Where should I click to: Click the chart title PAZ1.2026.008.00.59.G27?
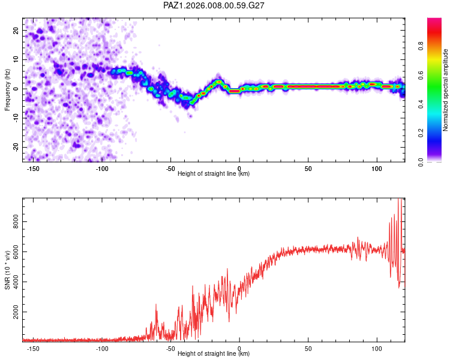pos(214,5)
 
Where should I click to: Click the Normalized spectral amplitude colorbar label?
pos(446,90)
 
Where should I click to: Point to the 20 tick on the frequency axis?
pos(16,30)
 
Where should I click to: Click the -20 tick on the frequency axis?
pos(16,147)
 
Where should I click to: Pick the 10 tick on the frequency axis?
pos(16,59)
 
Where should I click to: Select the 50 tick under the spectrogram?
pos(308,169)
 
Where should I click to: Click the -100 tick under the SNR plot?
pos(101,348)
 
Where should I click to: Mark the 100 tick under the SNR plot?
pos(377,348)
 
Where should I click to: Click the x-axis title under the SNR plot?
pos(214,354)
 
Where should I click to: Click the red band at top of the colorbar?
pos(434,23)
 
